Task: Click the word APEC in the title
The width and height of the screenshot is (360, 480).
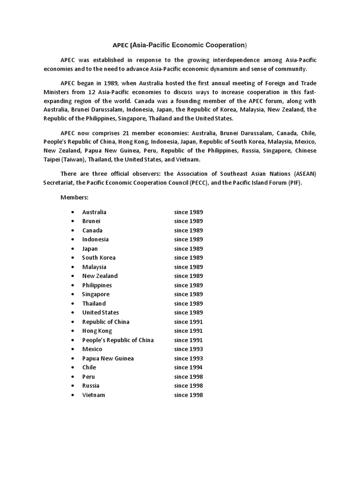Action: coord(120,45)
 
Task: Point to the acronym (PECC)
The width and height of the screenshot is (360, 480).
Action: coord(200,183)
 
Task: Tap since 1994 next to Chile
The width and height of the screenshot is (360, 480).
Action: coord(188,367)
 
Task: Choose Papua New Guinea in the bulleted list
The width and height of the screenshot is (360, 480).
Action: coord(108,359)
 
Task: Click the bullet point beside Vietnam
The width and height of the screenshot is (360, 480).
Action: coord(73,395)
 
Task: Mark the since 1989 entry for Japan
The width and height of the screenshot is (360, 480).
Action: coord(188,249)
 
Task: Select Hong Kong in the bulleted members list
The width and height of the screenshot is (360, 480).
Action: coord(97,331)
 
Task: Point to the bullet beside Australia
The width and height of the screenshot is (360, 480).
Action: coord(73,212)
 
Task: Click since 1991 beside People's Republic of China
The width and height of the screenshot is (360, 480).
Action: coord(188,340)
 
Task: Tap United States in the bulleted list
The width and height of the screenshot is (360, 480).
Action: coord(100,313)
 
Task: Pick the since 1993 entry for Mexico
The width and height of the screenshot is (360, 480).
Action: coord(188,349)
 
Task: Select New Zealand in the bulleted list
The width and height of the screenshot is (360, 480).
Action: coord(100,276)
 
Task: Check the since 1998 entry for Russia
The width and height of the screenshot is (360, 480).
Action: coord(188,386)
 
